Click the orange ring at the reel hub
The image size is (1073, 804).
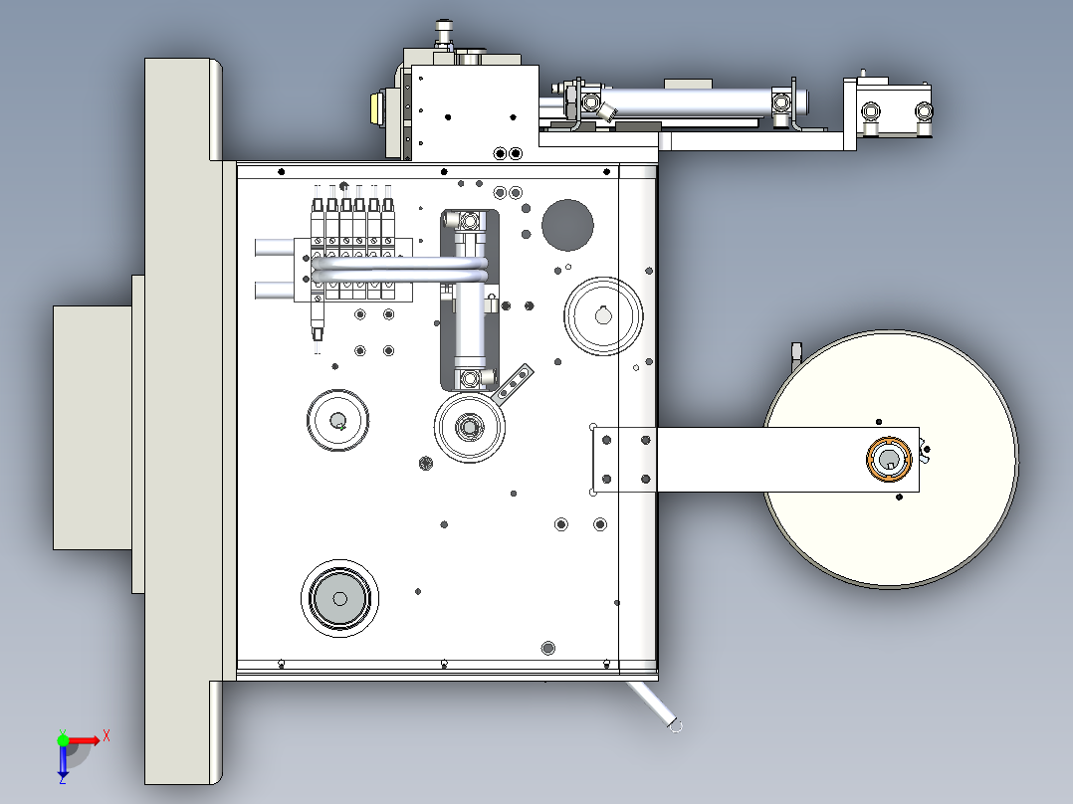tap(869, 459)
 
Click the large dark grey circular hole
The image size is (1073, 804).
tap(567, 225)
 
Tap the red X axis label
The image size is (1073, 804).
tap(107, 736)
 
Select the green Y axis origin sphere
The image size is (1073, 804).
tap(63, 739)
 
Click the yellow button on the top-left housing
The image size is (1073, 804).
tap(375, 109)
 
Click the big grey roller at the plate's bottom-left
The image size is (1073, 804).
tap(339, 598)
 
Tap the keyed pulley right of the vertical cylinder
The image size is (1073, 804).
tap(603, 316)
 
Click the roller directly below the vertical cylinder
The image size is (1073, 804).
tap(470, 428)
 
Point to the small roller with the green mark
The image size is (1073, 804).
tap(337, 420)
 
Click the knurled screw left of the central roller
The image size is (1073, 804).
tap(426, 464)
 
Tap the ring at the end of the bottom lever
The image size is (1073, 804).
tap(675, 725)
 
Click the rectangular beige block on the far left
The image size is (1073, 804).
tap(93, 428)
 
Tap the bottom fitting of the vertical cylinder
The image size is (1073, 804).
tap(471, 378)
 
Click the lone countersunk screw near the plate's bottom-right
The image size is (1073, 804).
tap(547, 648)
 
